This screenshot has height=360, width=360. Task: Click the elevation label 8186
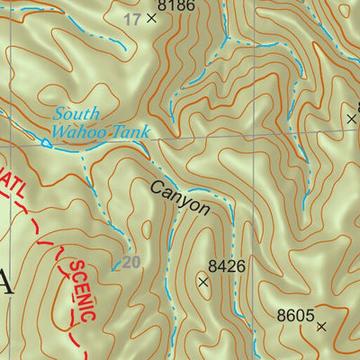[x=176, y=6]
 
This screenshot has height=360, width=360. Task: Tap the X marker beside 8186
[x=151, y=17]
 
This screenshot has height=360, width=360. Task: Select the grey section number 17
[x=131, y=18]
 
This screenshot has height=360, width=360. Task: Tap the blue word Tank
[x=130, y=132]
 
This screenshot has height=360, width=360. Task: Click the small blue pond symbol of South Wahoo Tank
[x=45, y=142]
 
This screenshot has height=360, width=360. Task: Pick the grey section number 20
[x=131, y=262]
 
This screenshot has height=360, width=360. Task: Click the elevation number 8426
[x=226, y=266]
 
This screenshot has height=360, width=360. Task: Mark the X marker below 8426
[x=203, y=282]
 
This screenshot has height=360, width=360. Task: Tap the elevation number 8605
[x=295, y=315]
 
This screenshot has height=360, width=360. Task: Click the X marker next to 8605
[x=321, y=328]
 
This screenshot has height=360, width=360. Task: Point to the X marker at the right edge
[x=351, y=118]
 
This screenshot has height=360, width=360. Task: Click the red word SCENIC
[x=81, y=292]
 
